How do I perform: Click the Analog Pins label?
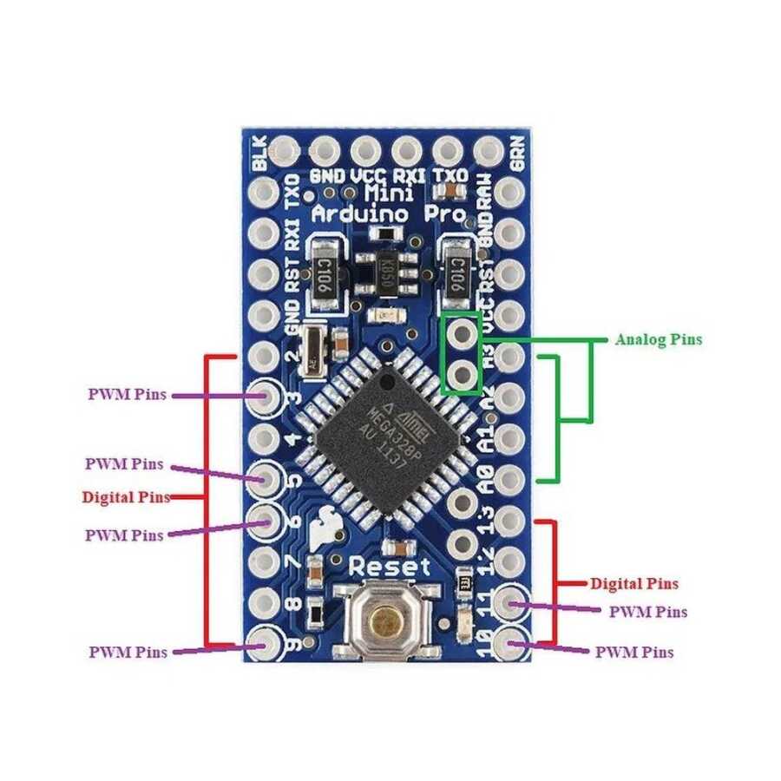(658, 339)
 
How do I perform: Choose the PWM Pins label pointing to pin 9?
(128, 651)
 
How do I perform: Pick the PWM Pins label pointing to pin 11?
(647, 612)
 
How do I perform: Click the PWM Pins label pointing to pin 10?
(634, 651)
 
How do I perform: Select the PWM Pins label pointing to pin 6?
(124, 535)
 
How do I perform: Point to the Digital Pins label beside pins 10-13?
(634, 583)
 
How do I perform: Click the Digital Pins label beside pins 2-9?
(121, 497)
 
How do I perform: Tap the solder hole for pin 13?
(512, 522)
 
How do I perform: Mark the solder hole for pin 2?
(264, 356)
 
